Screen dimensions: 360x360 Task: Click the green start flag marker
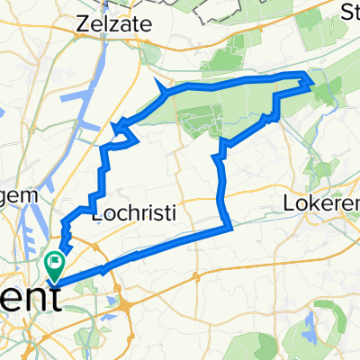point(53,265)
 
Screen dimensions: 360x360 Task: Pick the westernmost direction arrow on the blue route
point(115,128)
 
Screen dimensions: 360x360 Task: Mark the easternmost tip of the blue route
point(313,84)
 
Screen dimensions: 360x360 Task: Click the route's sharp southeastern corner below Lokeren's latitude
point(231,228)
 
